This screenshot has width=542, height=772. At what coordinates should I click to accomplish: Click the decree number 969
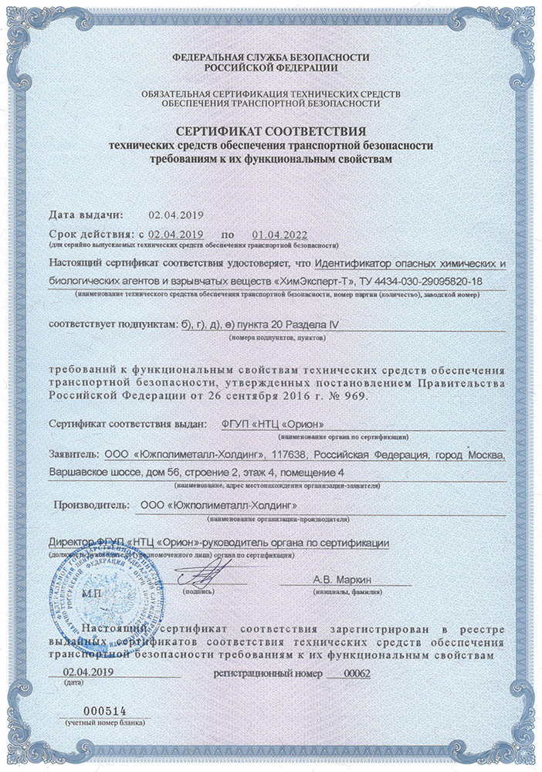tap(358, 397)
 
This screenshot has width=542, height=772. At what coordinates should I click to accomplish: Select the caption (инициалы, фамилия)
tap(343, 592)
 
